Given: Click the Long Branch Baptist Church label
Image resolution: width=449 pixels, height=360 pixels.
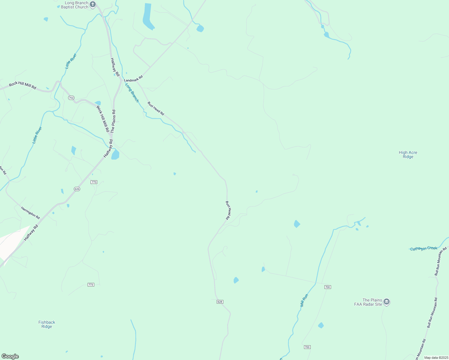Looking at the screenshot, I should [x=74, y=5].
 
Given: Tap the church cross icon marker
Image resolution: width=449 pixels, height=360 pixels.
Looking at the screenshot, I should [x=93, y=4].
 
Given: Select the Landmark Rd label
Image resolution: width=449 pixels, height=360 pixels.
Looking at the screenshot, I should [x=133, y=79].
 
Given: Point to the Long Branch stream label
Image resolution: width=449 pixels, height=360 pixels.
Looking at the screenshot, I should [x=132, y=93].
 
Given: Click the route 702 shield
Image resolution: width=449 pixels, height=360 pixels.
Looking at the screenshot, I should [x=71, y=98].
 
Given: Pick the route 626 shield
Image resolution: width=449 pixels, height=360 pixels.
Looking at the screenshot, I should [x=77, y=189].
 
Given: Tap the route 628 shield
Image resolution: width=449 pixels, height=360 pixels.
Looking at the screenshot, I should [x=220, y=301].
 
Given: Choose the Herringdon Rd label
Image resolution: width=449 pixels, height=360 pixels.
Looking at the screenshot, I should [x=30, y=212].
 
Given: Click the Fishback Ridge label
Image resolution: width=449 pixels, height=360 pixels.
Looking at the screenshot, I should [x=47, y=324].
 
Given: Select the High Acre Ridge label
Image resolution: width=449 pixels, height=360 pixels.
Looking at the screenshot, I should [x=408, y=154].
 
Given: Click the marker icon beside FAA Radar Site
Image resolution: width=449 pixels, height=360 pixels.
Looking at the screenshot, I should [x=387, y=302].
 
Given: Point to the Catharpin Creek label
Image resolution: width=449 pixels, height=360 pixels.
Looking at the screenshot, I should [x=424, y=248].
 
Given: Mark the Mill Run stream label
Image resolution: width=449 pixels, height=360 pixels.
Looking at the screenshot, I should [x=304, y=300].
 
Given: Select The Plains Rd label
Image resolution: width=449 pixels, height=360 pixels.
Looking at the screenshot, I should [x=113, y=121].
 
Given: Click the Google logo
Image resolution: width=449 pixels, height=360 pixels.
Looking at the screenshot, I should [x=10, y=356].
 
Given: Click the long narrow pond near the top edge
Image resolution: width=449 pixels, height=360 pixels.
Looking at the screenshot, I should [x=147, y=16].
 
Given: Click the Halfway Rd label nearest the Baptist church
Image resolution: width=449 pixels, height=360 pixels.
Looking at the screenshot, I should [x=115, y=67].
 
